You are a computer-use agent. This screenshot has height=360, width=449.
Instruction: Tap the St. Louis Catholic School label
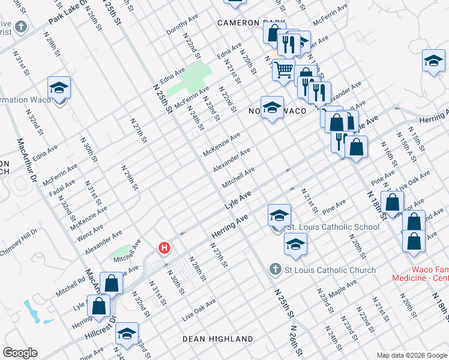[333, 227]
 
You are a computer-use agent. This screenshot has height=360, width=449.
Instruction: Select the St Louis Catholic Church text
[330, 270]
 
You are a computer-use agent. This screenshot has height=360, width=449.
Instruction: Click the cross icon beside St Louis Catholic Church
[276, 268]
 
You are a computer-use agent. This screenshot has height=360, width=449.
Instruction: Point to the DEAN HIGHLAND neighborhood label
[218, 339]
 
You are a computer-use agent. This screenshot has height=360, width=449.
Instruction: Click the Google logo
[20, 353]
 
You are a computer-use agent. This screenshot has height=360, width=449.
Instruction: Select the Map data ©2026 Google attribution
[411, 355]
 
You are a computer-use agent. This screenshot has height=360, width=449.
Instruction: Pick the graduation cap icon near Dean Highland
[127, 333]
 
